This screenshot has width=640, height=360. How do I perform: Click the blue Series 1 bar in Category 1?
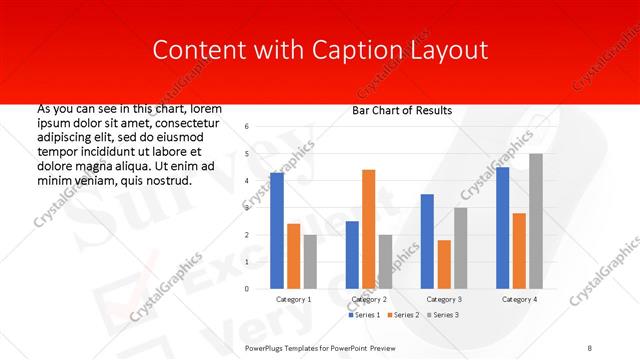click(x=277, y=231)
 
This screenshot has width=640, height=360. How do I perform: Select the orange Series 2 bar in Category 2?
click(x=369, y=229)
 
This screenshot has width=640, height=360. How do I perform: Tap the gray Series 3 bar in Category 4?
click(x=536, y=221)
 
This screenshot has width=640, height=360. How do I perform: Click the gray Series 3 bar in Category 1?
click(x=310, y=262)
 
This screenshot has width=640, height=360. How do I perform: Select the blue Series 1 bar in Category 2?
click(x=352, y=255)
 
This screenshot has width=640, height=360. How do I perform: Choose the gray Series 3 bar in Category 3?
click(x=461, y=248)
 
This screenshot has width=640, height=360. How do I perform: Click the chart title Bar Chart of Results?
click(x=401, y=110)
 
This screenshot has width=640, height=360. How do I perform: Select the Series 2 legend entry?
click(x=403, y=315)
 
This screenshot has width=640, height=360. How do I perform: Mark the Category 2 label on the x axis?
click(x=369, y=299)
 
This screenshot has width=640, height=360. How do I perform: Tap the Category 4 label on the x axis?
click(x=519, y=299)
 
